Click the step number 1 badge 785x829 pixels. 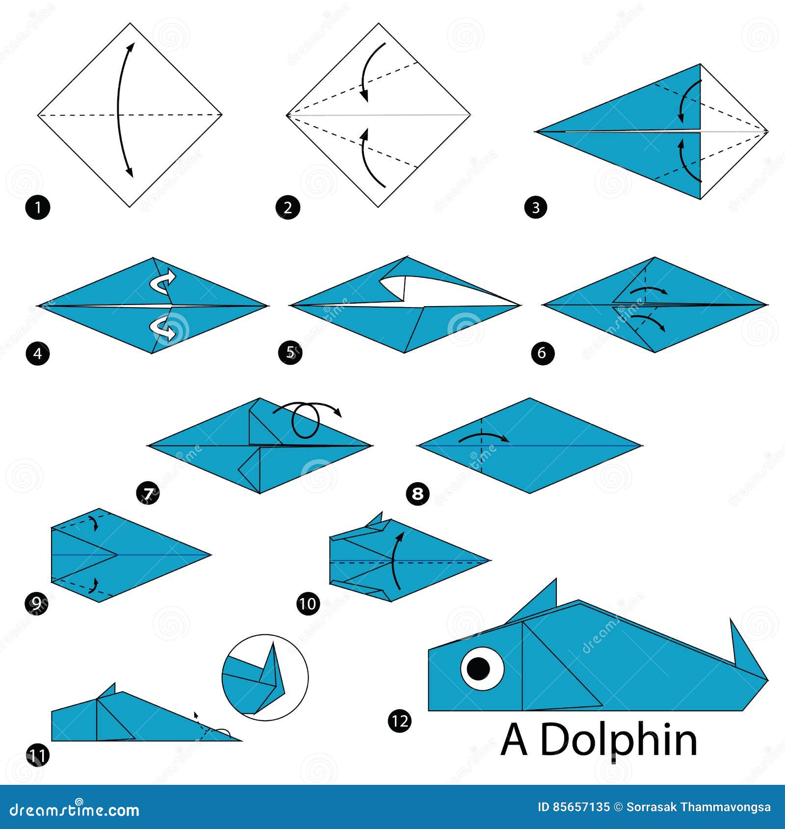(37, 207)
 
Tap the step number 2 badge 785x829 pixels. (288, 207)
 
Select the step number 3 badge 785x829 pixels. (535, 207)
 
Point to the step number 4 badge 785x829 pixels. (37, 353)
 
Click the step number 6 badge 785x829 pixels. (542, 353)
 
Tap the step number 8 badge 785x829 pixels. (418, 493)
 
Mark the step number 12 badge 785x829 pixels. (399, 721)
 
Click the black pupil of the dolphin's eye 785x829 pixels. (479, 668)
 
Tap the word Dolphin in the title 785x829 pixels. (618, 741)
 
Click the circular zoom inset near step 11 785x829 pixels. (265, 677)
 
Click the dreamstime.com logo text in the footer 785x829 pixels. (75, 810)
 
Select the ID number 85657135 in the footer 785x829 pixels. (574, 807)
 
